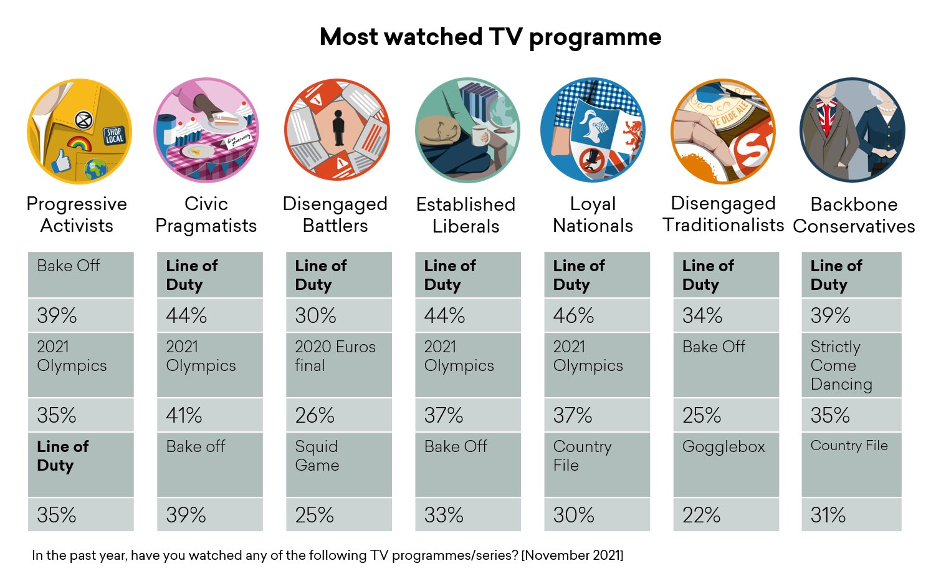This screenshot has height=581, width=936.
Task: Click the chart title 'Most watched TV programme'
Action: (x=490, y=37)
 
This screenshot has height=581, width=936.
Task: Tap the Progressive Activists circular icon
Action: (x=80, y=131)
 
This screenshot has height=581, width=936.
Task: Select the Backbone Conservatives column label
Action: (x=854, y=214)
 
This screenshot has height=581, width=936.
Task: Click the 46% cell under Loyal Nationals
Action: (x=596, y=315)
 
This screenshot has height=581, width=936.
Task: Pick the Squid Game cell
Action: (x=338, y=464)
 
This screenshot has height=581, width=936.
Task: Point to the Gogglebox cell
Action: (x=725, y=464)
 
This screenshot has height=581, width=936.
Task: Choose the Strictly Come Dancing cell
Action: (x=851, y=365)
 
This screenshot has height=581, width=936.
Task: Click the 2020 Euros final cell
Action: (x=338, y=365)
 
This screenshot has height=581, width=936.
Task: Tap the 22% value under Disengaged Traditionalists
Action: (x=725, y=515)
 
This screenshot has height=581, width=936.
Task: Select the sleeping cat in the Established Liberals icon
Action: (x=439, y=132)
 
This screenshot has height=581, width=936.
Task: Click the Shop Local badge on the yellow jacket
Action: (x=114, y=135)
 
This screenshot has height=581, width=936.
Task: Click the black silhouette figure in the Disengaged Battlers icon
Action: (x=338, y=128)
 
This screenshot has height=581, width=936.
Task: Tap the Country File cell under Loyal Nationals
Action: (x=596, y=464)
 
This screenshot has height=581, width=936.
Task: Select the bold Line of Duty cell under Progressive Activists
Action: (x=80, y=464)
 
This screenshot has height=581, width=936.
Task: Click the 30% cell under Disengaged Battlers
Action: (x=338, y=315)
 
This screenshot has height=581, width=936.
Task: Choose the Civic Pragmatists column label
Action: (x=206, y=214)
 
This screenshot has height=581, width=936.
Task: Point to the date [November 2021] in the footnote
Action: (x=572, y=555)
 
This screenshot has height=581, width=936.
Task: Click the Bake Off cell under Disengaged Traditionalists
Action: (x=725, y=365)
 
